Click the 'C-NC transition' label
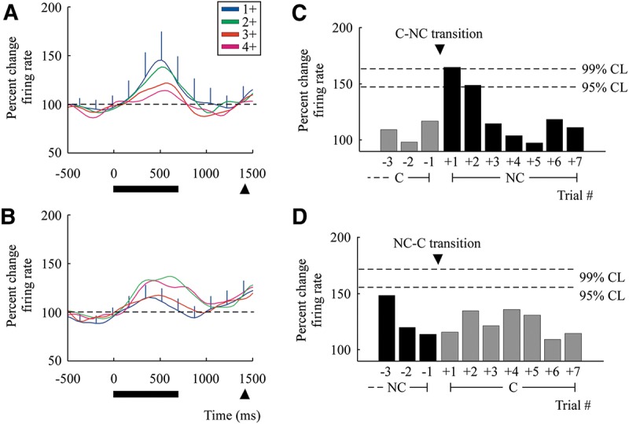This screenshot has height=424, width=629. pos(439,34)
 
